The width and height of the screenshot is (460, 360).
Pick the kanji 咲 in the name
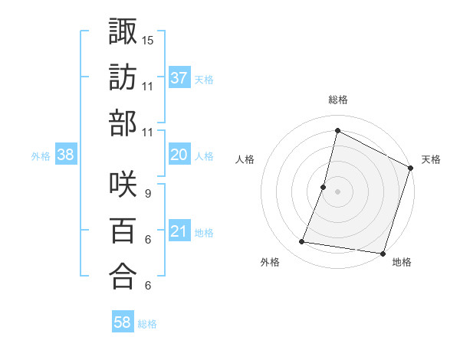[x=123, y=185]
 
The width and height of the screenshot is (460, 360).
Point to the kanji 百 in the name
[x=123, y=231]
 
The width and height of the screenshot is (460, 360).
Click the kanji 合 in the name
[x=123, y=277]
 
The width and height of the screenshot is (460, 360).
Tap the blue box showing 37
[x=179, y=77]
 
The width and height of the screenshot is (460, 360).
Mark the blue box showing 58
[x=123, y=323]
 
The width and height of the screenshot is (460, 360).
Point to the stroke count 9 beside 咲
[x=147, y=193]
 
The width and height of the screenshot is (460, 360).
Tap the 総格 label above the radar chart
[x=338, y=100]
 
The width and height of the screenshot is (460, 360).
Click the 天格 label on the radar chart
[x=431, y=159]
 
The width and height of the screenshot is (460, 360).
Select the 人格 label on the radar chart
[x=245, y=159]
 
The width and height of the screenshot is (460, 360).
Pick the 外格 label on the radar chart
[x=270, y=263]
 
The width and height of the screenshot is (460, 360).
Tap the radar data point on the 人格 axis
[x=324, y=187]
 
